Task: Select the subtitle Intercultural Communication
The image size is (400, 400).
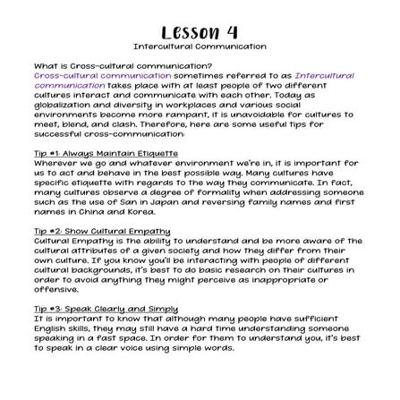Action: click(x=200, y=45)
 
